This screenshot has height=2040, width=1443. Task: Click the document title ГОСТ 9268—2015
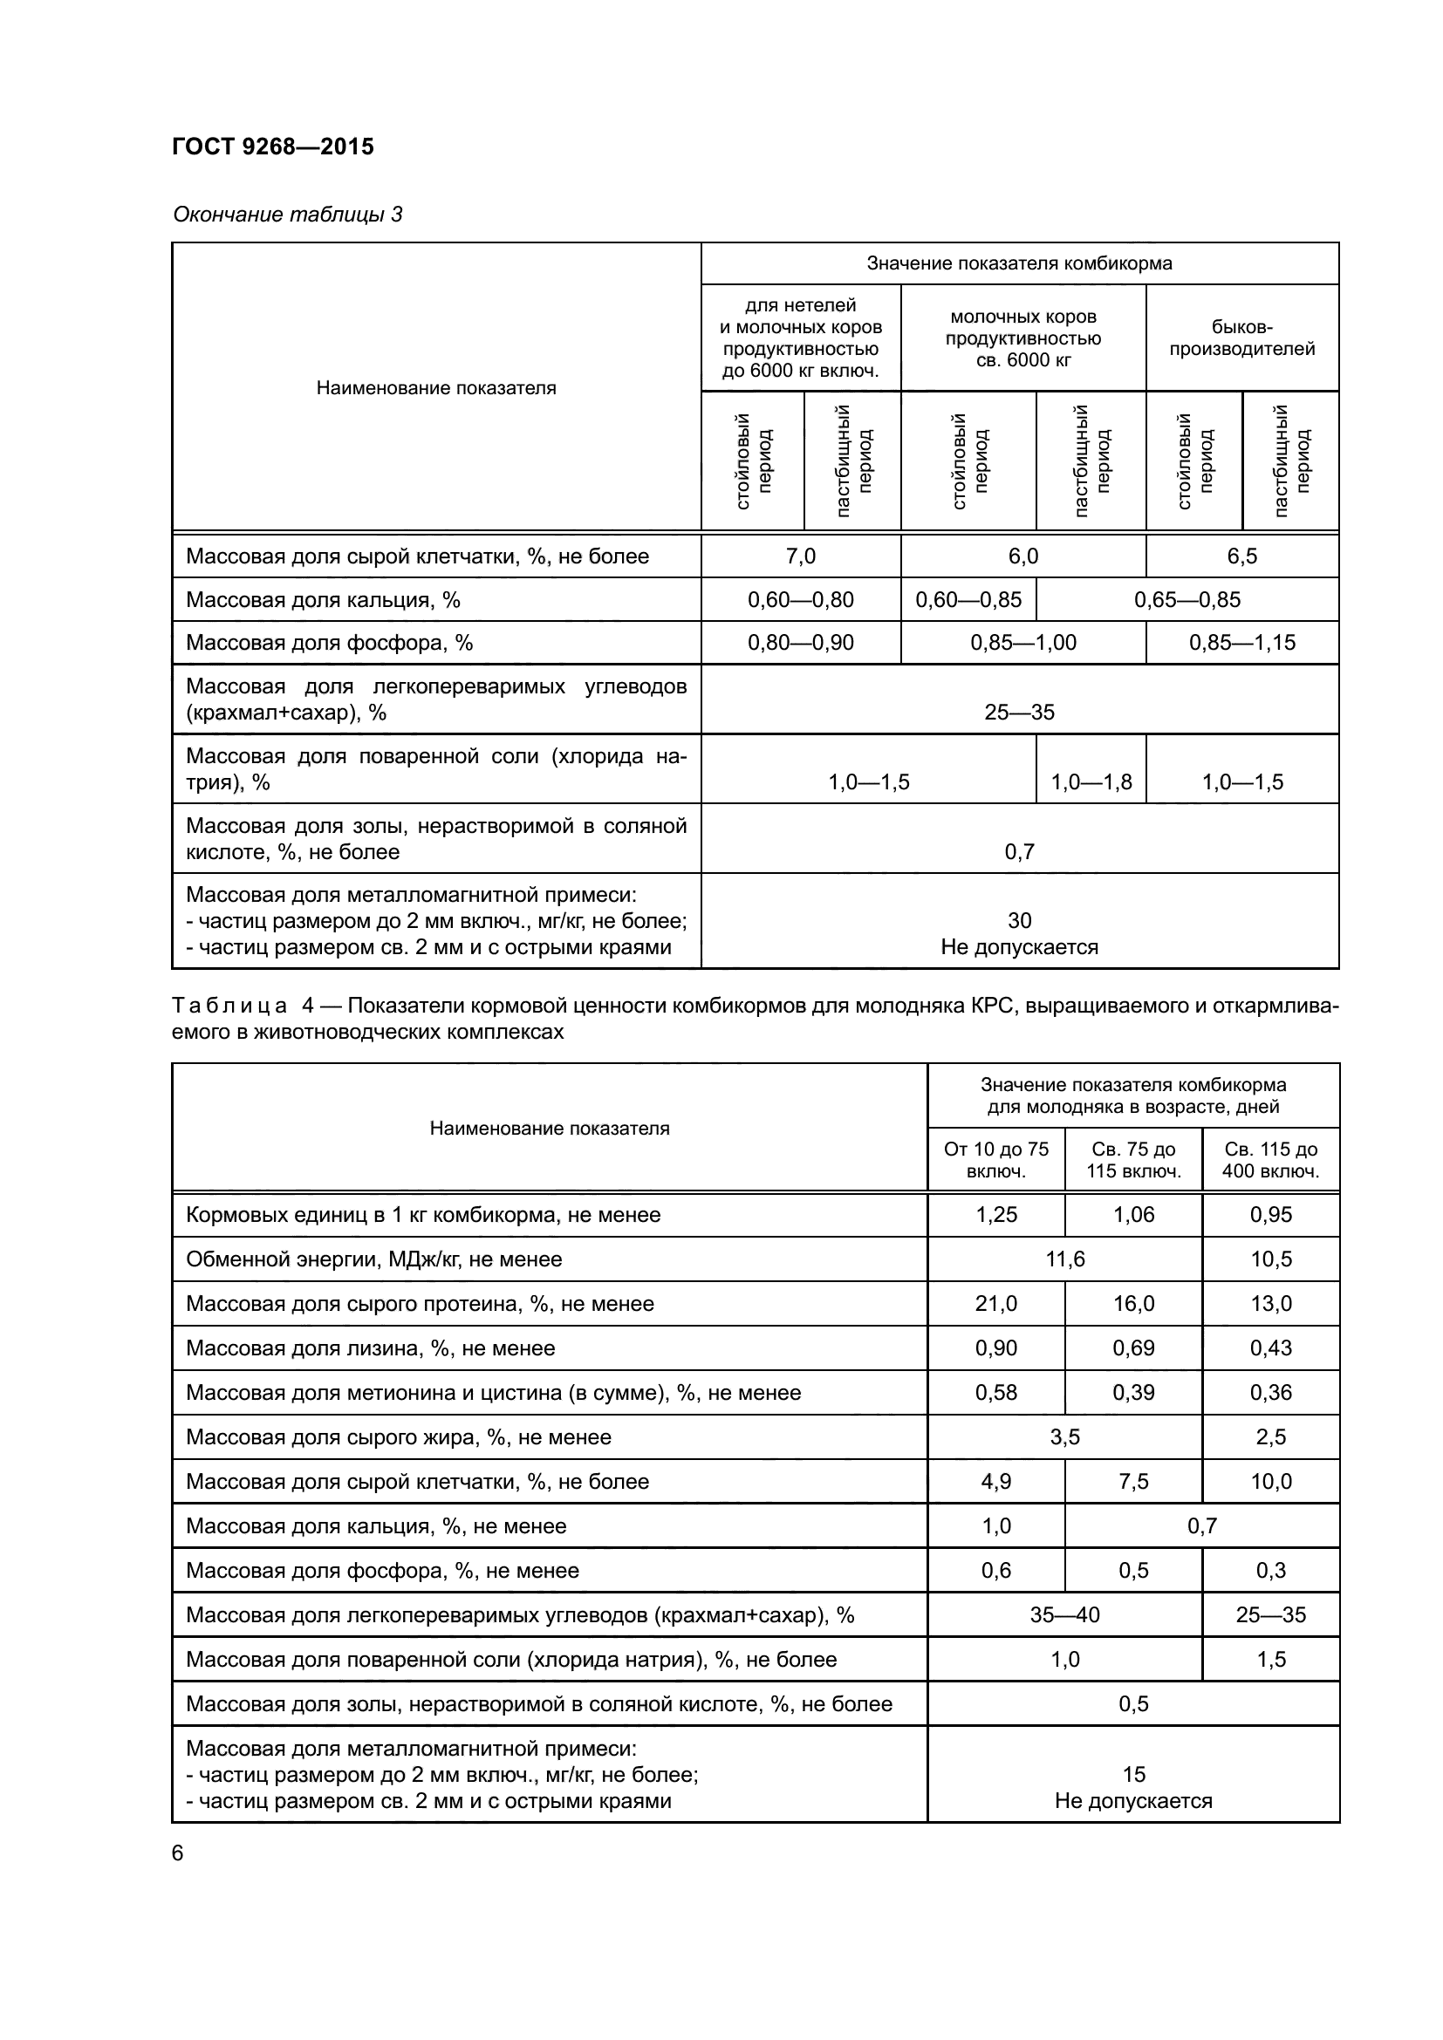(x=273, y=147)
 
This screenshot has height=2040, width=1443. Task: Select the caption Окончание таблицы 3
(x=287, y=215)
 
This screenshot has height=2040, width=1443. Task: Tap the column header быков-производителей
(x=1241, y=338)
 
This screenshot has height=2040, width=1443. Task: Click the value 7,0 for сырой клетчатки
(x=800, y=556)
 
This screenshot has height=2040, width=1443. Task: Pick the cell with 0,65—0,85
(x=1187, y=600)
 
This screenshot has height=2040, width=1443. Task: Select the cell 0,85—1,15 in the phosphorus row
(x=1241, y=643)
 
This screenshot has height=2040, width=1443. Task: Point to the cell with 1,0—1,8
(x=1091, y=781)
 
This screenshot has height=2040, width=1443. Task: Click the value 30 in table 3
(x=1019, y=920)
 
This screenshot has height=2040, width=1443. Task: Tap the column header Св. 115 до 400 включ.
(x=1269, y=1159)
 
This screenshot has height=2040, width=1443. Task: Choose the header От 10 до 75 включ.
(x=995, y=1159)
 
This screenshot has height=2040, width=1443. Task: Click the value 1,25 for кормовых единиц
(x=995, y=1215)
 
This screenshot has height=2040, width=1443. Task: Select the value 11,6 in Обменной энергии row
(x=1064, y=1259)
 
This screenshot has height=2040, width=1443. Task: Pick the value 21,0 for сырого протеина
(x=995, y=1303)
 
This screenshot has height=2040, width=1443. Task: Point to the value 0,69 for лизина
(x=1133, y=1347)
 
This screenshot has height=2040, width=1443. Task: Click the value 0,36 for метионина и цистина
(x=1269, y=1392)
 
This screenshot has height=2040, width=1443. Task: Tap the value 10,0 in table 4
(x=1269, y=1481)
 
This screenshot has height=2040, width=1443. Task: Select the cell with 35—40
(x=1064, y=1614)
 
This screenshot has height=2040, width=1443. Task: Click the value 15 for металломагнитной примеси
(x=1133, y=1774)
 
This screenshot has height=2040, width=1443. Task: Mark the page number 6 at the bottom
(x=178, y=1853)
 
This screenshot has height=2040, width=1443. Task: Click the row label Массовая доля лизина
(x=370, y=1347)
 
